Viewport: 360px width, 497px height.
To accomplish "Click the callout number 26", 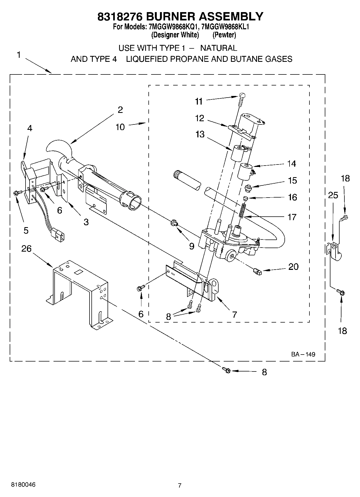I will pyautogui.click(x=26, y=249).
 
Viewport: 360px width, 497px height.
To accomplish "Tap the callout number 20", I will pyautogui.click(x=293, y=267).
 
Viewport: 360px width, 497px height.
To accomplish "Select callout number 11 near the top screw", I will pyautogui.click(x=199, y=101).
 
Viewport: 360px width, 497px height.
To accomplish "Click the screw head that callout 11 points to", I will pyautogui.click(x=242, y=95).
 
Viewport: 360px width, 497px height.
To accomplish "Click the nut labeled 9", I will pyautogui.click(x=174, y=223).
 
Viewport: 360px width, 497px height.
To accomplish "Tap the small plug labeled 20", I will pyautogui.click(x=257, y=271).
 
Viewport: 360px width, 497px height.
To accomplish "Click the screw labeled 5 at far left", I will pyautogui.click(x=16, y=192).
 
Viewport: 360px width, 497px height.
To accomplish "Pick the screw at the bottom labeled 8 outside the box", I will pyautogui.click(x=226, y=370).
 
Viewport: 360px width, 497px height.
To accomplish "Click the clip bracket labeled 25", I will pyautogui.click(x=333, y=251).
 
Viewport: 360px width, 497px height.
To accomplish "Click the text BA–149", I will pyautogui.click(x=303, y=354).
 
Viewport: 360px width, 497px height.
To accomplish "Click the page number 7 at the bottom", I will pyautogui.click(x=180, y=485).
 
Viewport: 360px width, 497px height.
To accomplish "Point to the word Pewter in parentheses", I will pyautogui.click(x=224, y=35).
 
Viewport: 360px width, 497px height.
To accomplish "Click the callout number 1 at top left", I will pyautogui.click(x=18, y=55).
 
